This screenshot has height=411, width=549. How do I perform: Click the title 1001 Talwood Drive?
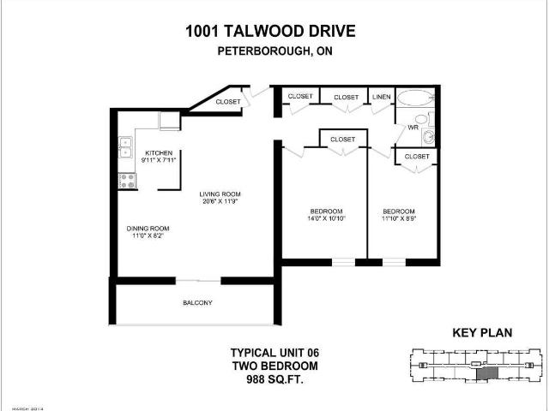point(270,32)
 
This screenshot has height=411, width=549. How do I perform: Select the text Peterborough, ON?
point(270,50)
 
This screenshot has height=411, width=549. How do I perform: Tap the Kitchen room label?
point(158,152)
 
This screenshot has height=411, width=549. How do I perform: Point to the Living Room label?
point(219,194)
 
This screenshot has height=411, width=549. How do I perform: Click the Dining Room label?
point(148,228)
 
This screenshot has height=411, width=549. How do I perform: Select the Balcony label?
point(196,303)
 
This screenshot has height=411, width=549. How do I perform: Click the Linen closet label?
point(381,97)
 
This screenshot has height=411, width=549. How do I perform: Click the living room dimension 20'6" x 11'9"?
point(219,202)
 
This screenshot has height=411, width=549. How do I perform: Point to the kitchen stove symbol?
point(125,181)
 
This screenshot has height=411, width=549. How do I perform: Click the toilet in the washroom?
point(428,136)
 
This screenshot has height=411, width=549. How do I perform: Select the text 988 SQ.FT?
point(269,377)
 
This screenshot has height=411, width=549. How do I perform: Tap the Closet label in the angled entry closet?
point(228,102)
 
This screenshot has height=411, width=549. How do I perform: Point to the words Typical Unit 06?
point(269,352)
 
